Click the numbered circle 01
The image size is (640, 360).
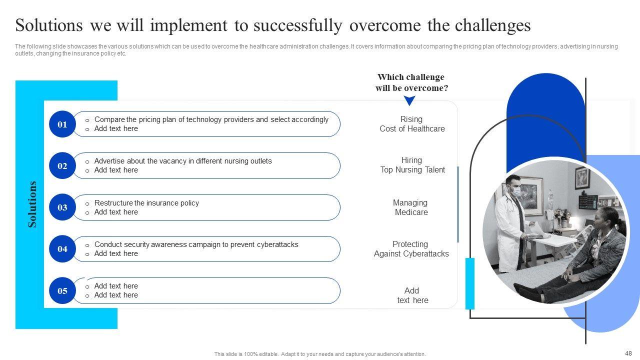click(62, 124)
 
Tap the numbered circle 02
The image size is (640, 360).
click(62, 165)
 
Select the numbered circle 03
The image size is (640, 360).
click(62, 207)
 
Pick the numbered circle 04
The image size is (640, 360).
click(62, 249)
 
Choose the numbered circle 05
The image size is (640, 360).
click(62, 290)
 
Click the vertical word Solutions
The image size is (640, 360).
click(32, 204)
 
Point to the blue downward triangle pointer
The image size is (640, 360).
click(409, 100)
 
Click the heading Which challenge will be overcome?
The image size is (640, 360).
click(411, 82)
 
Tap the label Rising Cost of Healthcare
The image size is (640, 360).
click(412, 123)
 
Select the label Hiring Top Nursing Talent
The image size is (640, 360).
click(412, 165)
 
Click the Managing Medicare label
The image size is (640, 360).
click(411, 207)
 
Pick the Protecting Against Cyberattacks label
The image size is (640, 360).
click(411, 249)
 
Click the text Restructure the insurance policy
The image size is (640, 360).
click(146, 203)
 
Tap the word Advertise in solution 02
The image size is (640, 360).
click(109, 161)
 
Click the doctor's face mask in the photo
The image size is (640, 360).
click(515, 190)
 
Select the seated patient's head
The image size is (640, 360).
click(605, 219)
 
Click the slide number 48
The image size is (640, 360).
click(628, 353)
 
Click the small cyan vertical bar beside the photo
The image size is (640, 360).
click(470, 283)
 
